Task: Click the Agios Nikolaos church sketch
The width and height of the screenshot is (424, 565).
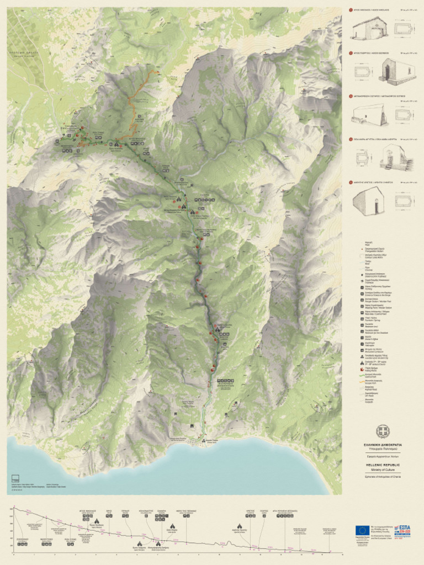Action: [368, 29]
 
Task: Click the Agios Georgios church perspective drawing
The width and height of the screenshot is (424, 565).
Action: [398, 71]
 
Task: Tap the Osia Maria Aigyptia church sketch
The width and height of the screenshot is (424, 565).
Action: [396, 159]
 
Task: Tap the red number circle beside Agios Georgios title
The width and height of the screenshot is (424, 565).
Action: [350, 53]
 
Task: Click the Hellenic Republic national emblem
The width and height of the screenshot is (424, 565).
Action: [382, 431]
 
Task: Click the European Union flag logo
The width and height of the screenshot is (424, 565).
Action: [362, 530]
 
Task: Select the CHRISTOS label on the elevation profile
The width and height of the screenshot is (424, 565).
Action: [250, 511]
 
